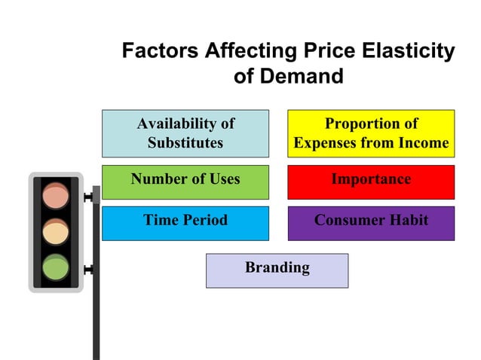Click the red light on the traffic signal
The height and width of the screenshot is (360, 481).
[x=55, y=196]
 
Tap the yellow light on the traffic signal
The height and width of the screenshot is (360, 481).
[x=55, y=231]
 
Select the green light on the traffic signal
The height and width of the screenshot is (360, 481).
[x=55, y=267]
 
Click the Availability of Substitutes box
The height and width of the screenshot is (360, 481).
[x=185, y=133]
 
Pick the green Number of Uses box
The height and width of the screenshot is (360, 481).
[x=185, y=182]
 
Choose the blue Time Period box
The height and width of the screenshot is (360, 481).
[x=185, y=223]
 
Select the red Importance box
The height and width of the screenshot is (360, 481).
[x=371, y=182]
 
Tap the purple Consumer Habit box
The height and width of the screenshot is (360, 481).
[x=371, y=223]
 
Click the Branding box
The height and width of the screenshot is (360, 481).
[x=277, y=270]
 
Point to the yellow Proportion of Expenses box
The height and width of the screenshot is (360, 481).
[x=371, y=133]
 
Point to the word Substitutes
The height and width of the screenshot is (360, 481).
[x=185, y=143]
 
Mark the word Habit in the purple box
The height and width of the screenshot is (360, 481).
[x=410, y=221]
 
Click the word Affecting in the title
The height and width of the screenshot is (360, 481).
[x=240, y=51]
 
